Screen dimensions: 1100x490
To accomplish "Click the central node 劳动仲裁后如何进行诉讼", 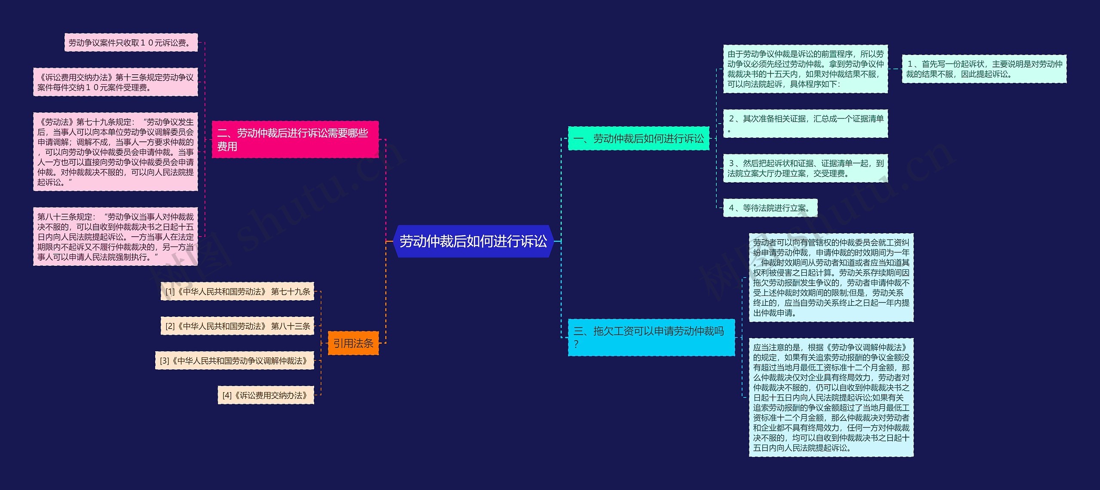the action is click(473, 241).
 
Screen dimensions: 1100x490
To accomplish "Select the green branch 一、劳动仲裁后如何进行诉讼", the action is click(639, 138).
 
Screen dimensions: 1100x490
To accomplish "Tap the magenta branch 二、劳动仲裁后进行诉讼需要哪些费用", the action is click(295, 140).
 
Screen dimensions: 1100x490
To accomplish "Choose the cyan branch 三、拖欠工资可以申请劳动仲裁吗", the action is click(651, 337).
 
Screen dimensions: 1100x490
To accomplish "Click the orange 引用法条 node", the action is click(353, 343).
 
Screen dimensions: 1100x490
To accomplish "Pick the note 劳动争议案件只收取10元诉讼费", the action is click(131, 43).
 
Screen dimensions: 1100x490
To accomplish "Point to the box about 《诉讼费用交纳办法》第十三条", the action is click(116, 82).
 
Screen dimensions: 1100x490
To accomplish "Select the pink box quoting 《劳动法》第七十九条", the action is click(116, 152).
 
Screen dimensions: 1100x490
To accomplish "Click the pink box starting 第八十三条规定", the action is click(116, 237).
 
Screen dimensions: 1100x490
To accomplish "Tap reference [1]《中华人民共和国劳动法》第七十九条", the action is click(237, 292).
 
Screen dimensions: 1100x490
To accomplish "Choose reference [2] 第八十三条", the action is click(237, 326).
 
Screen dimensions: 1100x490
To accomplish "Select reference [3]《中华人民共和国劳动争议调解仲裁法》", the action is click(235, 361).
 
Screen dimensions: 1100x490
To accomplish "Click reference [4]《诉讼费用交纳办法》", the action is click(266, 395).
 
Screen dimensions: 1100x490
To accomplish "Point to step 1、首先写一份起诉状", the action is click(984, 69).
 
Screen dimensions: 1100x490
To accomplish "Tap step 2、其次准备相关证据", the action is click(805, 124).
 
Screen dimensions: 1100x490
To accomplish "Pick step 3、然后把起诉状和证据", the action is click(805, 168).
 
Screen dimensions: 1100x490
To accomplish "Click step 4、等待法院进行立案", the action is click(770, 208).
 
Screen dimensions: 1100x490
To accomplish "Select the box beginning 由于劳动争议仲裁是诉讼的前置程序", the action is click(805, 69).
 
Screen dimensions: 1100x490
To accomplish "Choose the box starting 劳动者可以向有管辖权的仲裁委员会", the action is click(831, 277).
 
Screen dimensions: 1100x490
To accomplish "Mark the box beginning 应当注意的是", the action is click(831, 397).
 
